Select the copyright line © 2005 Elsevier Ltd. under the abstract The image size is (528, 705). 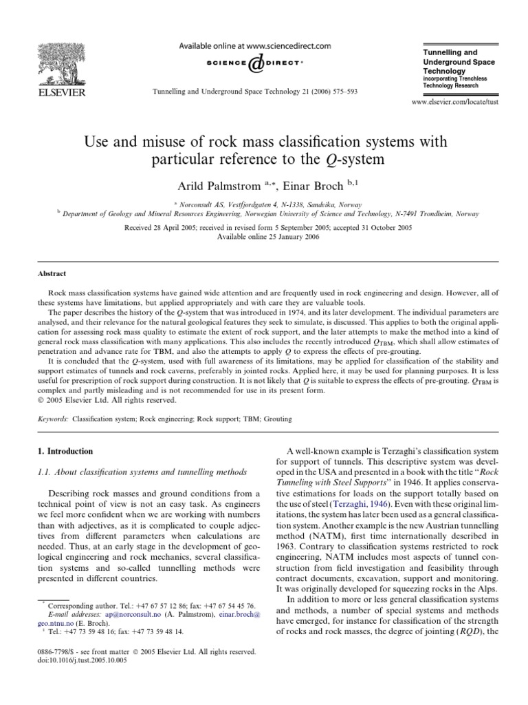pyautogui.click(x=99, y=399)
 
